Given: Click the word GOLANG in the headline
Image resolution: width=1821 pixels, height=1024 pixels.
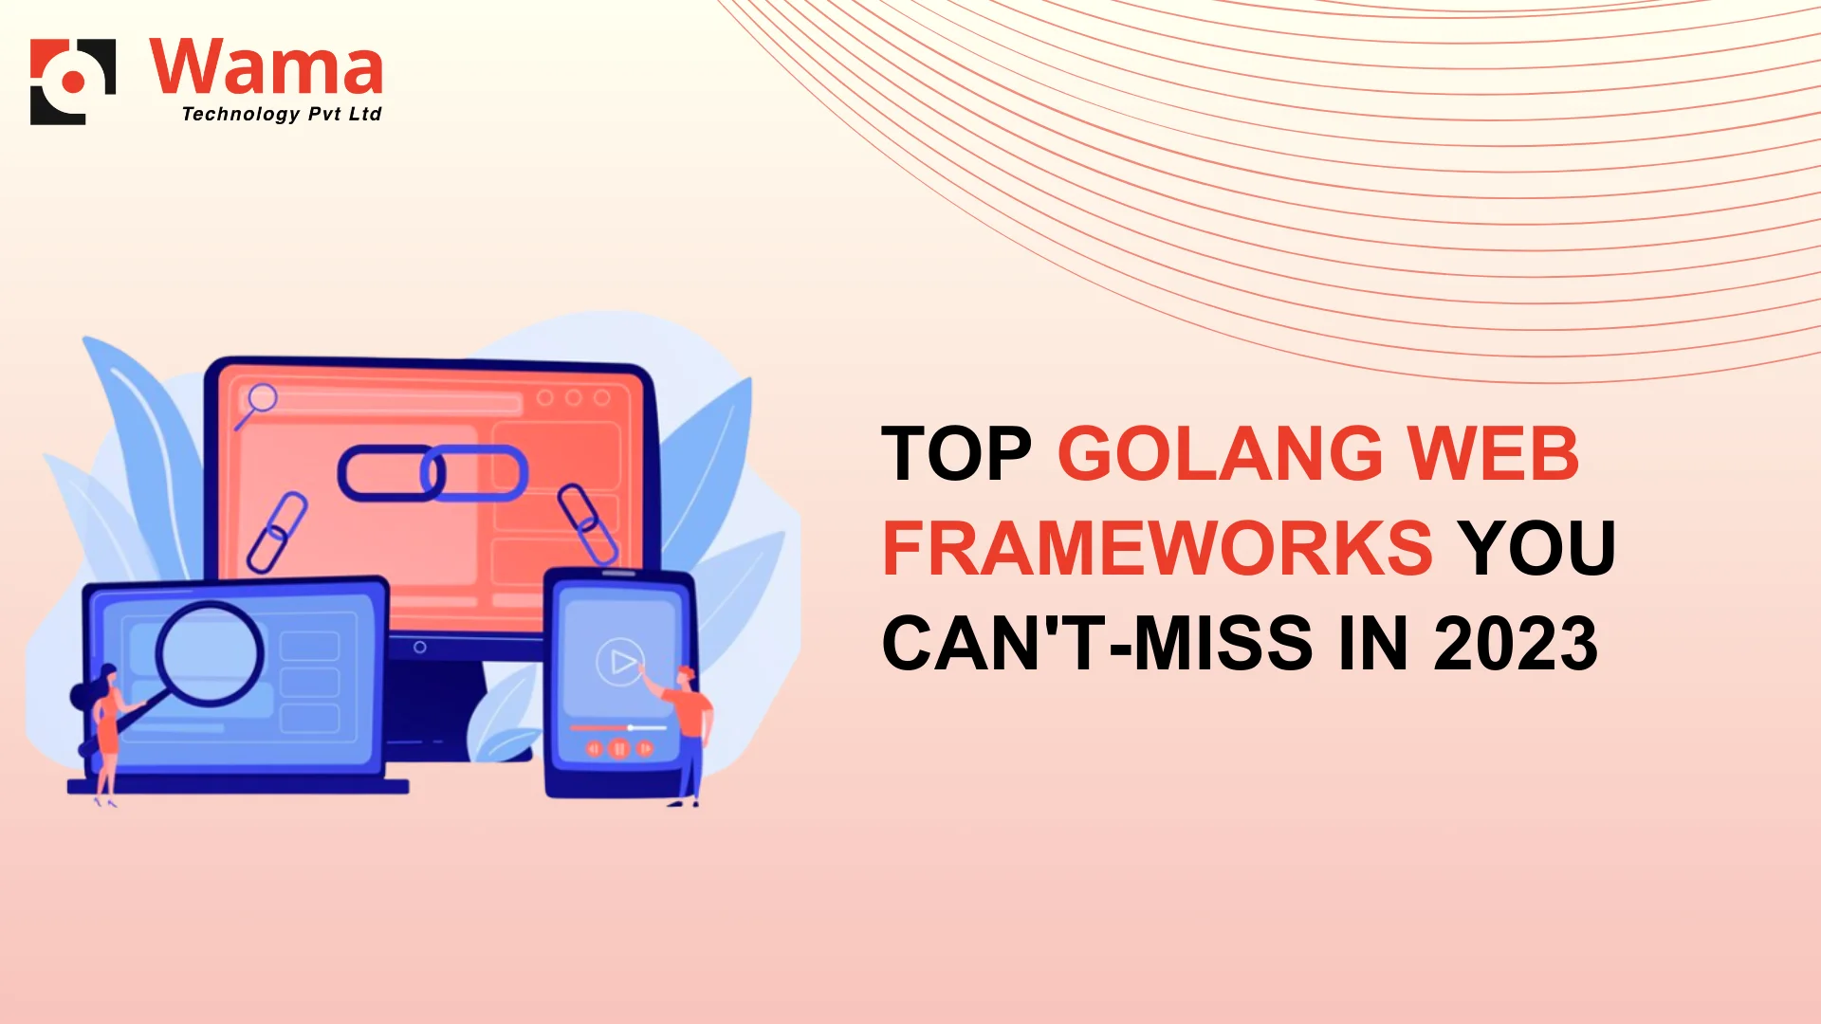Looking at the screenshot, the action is (1221, 453).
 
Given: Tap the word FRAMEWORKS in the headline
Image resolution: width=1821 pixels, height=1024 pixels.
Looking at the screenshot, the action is (1157, 548).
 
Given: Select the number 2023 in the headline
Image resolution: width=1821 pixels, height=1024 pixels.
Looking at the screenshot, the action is (1516, 643).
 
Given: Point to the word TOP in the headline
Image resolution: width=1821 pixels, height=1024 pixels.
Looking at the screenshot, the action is (956, 453).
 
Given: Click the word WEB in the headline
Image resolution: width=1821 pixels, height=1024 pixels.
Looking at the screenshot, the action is (1493, 453).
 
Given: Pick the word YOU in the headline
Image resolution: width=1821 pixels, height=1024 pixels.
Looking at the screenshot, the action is (1536, 548).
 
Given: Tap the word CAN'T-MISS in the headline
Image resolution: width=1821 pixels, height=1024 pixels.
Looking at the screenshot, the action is (1097, 643).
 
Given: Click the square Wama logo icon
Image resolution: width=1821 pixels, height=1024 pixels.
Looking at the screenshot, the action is (73, 82).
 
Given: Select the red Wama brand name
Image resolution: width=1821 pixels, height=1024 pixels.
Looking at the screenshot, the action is (267, 66).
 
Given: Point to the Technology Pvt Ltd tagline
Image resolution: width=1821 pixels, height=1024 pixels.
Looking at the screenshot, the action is (281, 114).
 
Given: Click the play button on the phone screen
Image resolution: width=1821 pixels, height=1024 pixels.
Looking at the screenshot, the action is (620, 662).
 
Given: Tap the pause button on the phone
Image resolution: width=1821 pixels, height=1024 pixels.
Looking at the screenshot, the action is (619, 749).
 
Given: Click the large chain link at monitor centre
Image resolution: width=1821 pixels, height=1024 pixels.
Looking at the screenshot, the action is (432, 472).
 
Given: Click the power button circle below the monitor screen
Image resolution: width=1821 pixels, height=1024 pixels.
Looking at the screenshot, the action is (420, 647).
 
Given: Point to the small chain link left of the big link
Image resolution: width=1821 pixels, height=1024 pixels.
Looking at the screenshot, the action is (277, 532).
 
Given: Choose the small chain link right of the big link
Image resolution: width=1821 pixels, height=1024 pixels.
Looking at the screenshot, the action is (588, 524).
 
